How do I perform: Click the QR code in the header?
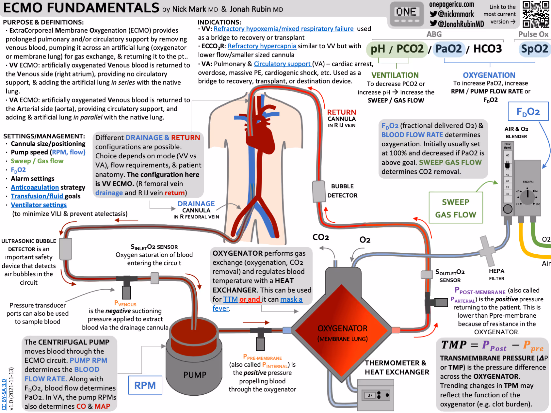[536, 14]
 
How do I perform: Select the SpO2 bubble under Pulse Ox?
[534, 49]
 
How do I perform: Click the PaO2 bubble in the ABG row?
[448, 49]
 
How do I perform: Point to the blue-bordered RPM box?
[145, 385]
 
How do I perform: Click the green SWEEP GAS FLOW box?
[456, 208]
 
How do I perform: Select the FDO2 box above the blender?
[528, 112]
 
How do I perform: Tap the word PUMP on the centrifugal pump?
[195, 375]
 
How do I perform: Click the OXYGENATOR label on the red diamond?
[342, 328]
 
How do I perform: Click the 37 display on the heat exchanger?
[370, 395]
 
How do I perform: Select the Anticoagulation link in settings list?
[35, 187]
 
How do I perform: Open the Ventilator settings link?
[39, 205]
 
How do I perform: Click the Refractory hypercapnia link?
[262, 46]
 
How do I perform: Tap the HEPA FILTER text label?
[496, 275]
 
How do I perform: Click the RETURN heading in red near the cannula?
[341, 112]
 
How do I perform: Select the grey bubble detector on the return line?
[318, 192]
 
